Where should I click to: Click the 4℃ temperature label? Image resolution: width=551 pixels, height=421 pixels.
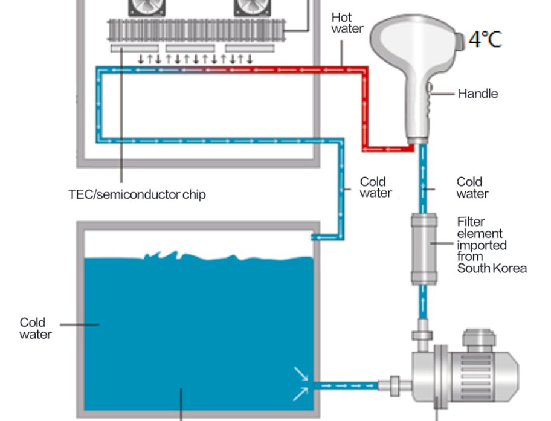[485, 39]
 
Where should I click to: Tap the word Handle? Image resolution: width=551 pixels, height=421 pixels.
[477, 94]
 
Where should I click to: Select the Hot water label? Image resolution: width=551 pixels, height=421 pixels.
[347, 23]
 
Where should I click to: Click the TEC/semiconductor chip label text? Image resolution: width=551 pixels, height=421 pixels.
[137, 194]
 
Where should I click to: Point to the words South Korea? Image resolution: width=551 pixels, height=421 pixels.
[492, 268]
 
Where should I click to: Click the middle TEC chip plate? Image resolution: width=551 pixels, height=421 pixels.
[190, 48]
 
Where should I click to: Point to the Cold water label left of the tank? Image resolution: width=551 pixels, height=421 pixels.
[35, 328]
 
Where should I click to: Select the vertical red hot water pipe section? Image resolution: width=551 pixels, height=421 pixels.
[365, 109]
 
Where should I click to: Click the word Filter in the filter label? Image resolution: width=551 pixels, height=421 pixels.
[471, 222]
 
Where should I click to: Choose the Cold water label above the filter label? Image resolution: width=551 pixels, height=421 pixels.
[472, 187]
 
